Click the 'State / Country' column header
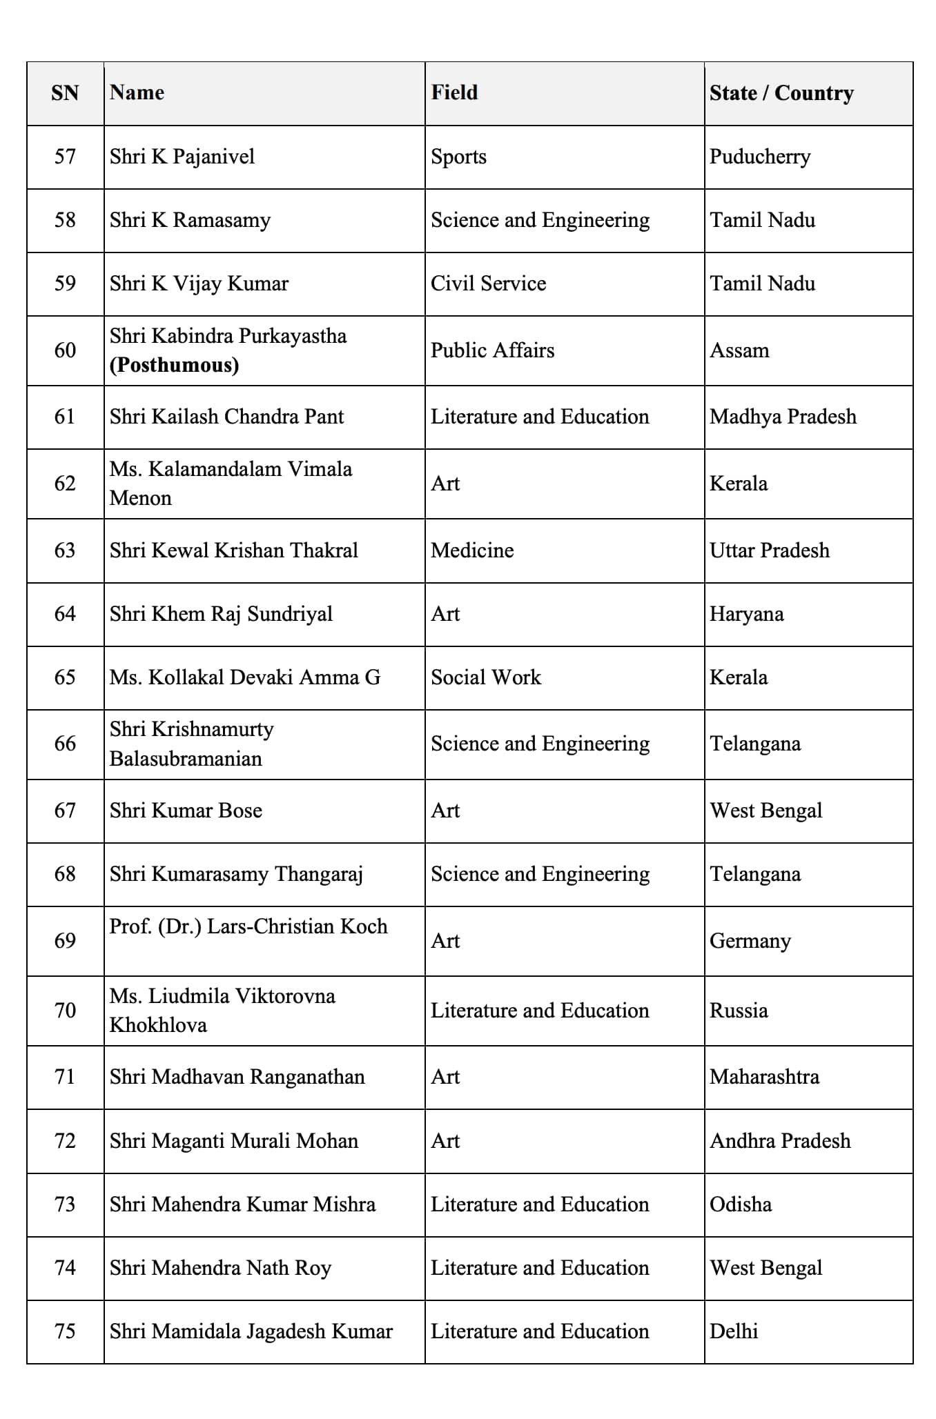781,93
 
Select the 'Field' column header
454,92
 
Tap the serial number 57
65,157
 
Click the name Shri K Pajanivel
182,157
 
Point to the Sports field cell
458,157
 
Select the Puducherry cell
760,157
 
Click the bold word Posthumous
174,365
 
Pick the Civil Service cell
488,284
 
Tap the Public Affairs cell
492,350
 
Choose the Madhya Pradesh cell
783,417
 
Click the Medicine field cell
472,550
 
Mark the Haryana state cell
746,614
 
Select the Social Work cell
486,677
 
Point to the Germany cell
750,941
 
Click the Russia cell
739,1011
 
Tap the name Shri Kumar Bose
186,811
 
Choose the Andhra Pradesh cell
780,1141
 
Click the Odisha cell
741,1204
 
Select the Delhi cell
734,1331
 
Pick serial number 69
65,941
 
